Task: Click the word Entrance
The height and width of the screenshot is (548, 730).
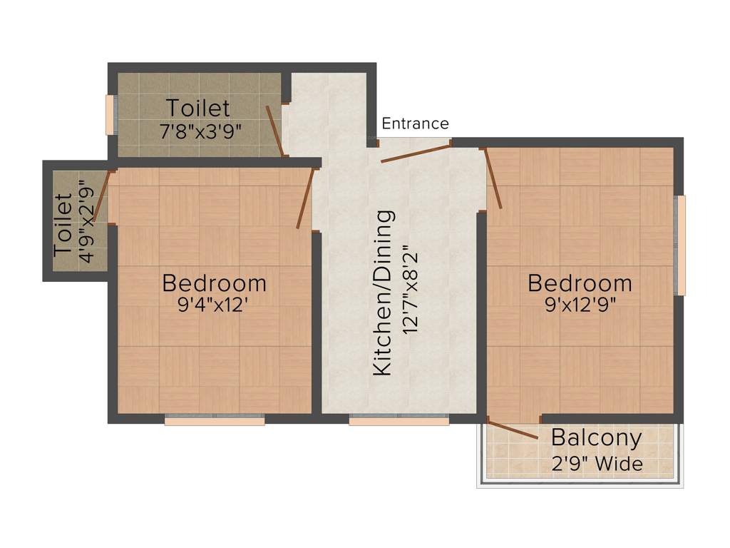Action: point(415,124)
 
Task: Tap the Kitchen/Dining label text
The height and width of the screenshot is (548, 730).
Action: point(384,293)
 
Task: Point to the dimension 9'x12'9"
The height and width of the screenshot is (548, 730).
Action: point(580,305)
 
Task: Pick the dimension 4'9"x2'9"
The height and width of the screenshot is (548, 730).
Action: point(86,221)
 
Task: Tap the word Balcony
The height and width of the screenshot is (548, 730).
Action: point(596,437)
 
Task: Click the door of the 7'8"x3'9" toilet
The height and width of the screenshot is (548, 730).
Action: point(275,131)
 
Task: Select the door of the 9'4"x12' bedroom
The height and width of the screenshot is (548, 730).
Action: point(306,198)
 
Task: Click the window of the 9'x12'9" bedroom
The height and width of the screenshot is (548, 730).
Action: point(681,245)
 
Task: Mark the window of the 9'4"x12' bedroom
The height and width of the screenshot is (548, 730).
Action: point(215,421)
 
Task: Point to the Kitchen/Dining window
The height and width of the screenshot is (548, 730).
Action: point(399,421)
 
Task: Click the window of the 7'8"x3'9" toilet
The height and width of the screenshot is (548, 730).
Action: point(110,114)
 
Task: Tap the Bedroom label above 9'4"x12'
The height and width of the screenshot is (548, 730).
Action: point(214,283)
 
